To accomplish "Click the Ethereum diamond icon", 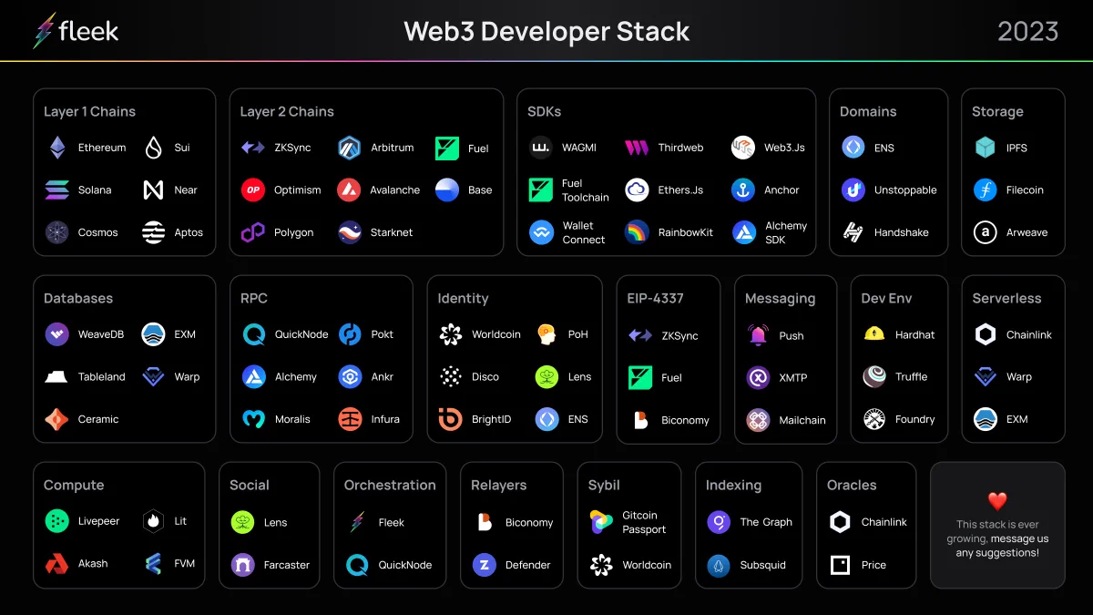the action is [x=57, y=148].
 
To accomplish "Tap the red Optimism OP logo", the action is [x=253, y=190].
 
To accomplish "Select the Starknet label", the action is [x=392, y=232].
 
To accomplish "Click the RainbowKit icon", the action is [x=637, y=232].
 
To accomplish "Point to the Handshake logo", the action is [x=853, y=232].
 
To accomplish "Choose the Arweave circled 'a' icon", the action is [x=986, y=232].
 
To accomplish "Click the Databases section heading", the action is [x=78, y=298].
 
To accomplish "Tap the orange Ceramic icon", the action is [x=56, y=419].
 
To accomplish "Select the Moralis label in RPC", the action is [x=292, y=419].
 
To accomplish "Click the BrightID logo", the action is [x=450, y=419].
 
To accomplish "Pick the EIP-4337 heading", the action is [x=655, y=298].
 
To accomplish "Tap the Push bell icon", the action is [x=758, y=335].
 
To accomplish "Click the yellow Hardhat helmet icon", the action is [x=873, y=333].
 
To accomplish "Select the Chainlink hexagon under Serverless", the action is [x=986, y=335].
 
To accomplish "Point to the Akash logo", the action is [x=56, y=564].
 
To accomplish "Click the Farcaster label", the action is [x=286, y=565].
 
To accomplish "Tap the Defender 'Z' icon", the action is [x=484, y=565].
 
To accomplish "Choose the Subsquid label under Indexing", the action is [x=762, y=565].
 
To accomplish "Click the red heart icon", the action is [x=997, y=501].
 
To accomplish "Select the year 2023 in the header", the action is [x=1027, y=32].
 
